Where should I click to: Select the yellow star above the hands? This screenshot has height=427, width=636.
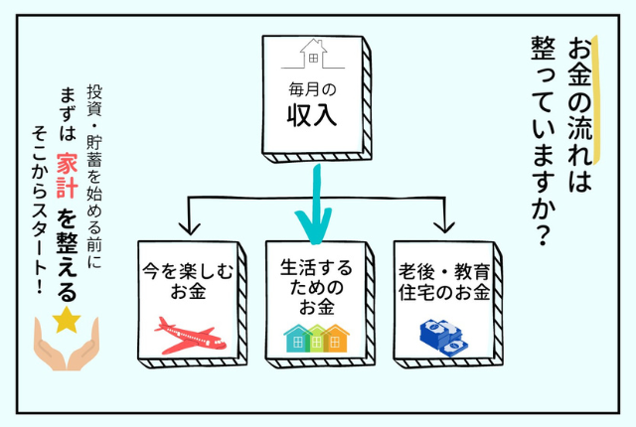[x=67, y=320]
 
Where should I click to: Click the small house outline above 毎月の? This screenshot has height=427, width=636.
[x=314, y=53]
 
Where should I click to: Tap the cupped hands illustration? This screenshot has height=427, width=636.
[x=67, y=343]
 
